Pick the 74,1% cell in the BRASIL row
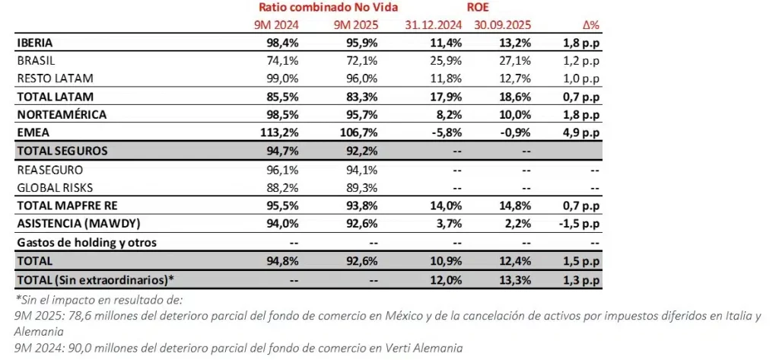278,60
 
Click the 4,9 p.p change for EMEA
580,132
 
